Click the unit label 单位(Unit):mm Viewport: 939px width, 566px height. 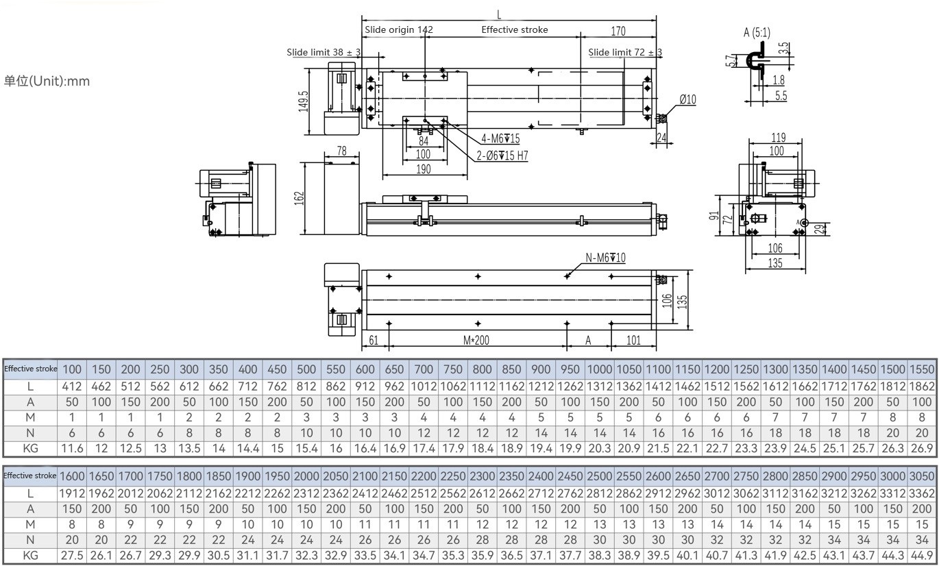point(47,81)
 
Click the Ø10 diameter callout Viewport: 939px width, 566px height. point(687,100)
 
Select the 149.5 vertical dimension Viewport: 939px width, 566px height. point(304,101)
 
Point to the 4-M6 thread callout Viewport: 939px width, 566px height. point(500,138)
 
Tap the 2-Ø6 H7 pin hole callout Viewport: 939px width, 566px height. point(502,156)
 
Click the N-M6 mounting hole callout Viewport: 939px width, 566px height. point(605,258)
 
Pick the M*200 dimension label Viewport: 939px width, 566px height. point(476,340)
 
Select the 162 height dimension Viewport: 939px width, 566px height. point(299,198)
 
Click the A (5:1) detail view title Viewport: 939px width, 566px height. point(757,32)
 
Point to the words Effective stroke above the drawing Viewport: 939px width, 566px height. point(514,29)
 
